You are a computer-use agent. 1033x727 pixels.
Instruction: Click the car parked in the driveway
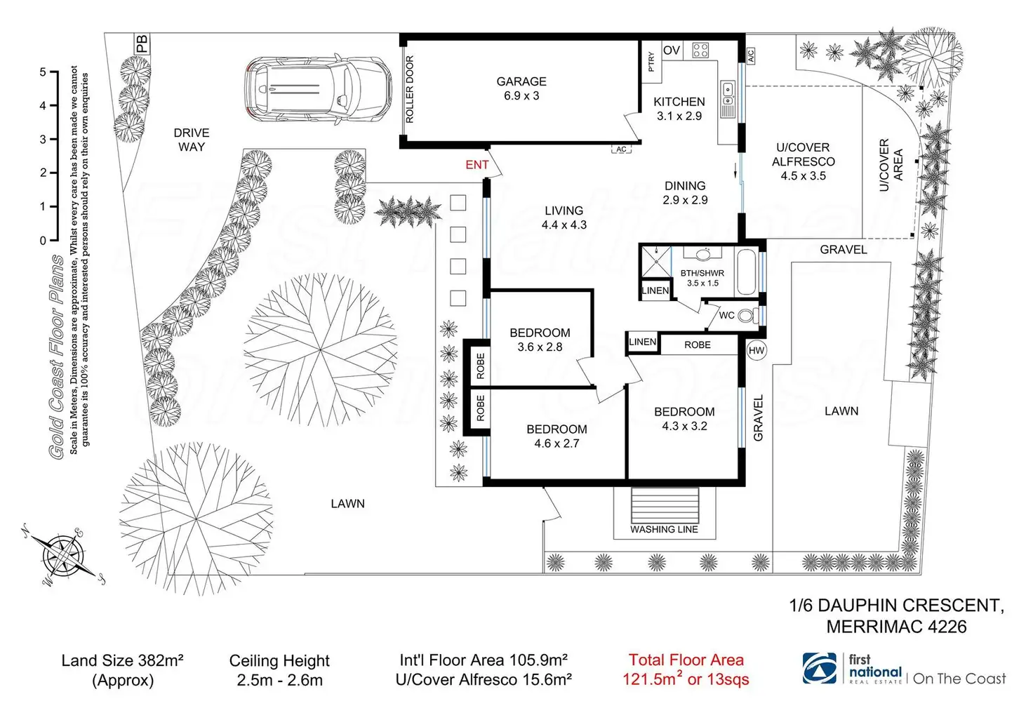point(318,90)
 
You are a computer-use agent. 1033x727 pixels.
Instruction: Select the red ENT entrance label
point(477,165)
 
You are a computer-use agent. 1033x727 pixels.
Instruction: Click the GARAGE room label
point(521,82)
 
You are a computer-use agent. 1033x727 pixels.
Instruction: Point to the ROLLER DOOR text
point(410,89)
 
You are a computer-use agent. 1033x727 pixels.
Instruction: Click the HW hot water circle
point(757,350)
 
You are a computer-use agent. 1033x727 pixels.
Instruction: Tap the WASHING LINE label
point(664,529)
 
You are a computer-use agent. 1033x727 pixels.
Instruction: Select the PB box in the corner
point(142,44)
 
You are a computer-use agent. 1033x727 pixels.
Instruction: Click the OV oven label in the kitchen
point(672,51)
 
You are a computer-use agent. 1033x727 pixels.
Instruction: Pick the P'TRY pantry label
point(651,61)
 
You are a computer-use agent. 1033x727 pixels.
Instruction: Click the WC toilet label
point(727,316)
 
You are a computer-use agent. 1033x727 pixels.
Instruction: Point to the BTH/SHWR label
point(702,273)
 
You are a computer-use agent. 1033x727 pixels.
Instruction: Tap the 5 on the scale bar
point(43,72)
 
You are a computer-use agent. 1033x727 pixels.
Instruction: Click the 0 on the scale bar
point(43,241)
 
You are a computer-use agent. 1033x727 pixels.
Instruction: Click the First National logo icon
point(820,669)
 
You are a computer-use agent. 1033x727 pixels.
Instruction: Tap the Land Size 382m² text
point(123,660)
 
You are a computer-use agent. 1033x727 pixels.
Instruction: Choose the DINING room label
point(685,186)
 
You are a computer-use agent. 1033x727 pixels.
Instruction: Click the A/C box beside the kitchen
point(750,55)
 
